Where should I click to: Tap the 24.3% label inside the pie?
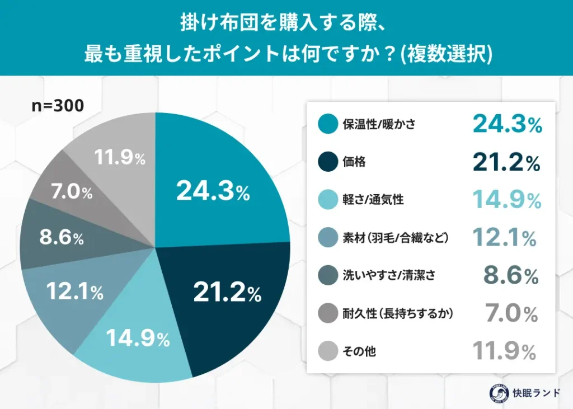pos(213,192)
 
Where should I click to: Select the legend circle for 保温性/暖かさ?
pos(327,124)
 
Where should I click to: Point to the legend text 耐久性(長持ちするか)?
pos(397,313)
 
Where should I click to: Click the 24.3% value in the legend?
pos(507,124)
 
